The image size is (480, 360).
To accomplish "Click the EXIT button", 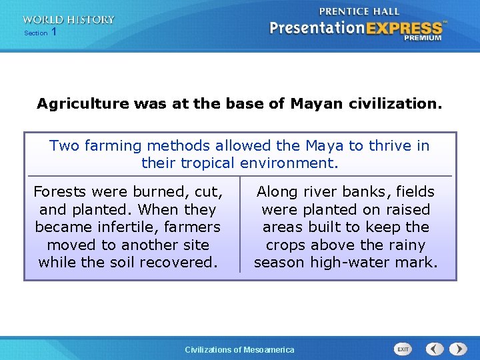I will [x=403, y=349].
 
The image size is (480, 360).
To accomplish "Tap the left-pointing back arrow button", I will [x=435, y=349].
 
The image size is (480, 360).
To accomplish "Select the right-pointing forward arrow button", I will [x=458, y=349].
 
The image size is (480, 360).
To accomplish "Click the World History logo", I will [x=68, y=20].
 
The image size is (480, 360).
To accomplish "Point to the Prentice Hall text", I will [x=359, y=11].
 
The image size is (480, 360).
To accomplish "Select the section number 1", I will [x=53, y=32].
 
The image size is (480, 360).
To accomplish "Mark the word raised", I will [x=407, y=209].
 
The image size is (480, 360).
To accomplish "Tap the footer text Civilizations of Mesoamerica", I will [x=239, y=350].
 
